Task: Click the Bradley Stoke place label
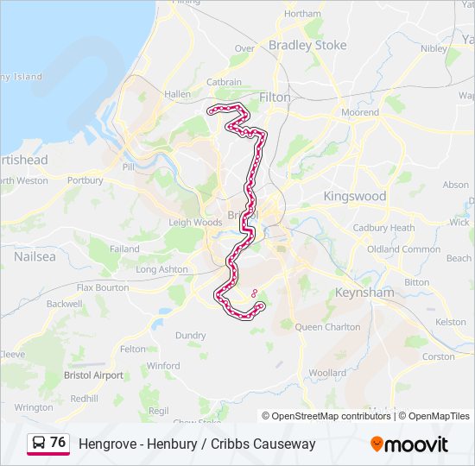(x=307, y=45)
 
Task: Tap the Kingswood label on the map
(x=354, y=196)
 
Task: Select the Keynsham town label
(x=364, y=293)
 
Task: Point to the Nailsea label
(x=35, y=256)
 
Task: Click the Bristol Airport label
(x=93, y=375)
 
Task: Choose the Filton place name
(x=275, y=98)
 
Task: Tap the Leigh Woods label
(x=195, y=222)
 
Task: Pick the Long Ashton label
(x=161, y=269)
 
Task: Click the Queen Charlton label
(x=327, y=327)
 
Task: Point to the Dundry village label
(x=190, y=335)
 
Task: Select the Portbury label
(x=85, y=180)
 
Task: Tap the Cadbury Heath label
(x=383, y=228)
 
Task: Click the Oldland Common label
(x=403, y=249)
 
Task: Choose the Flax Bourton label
(x=103, y=287)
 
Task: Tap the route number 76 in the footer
(x=58, y=442)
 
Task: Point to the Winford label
(x=163, y=366)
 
